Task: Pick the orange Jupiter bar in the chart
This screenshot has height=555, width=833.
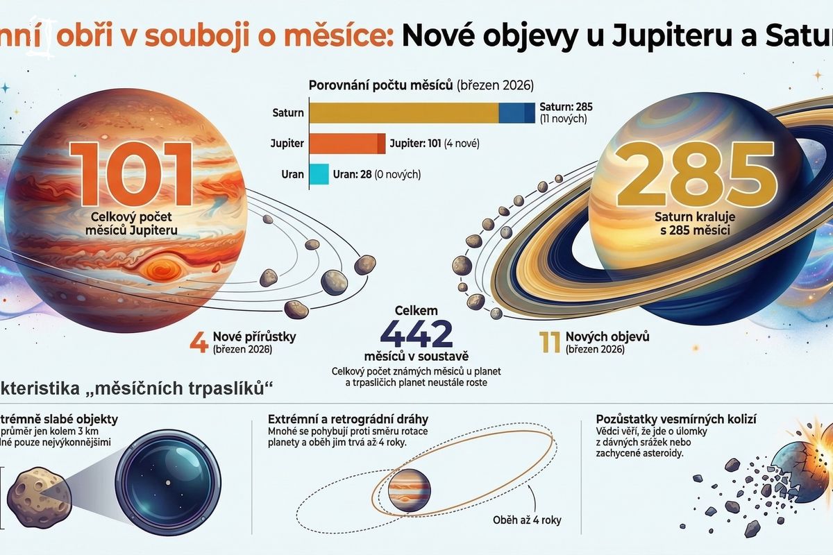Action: click(346, 144)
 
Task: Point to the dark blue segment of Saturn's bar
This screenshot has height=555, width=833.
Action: click(517, 112)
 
